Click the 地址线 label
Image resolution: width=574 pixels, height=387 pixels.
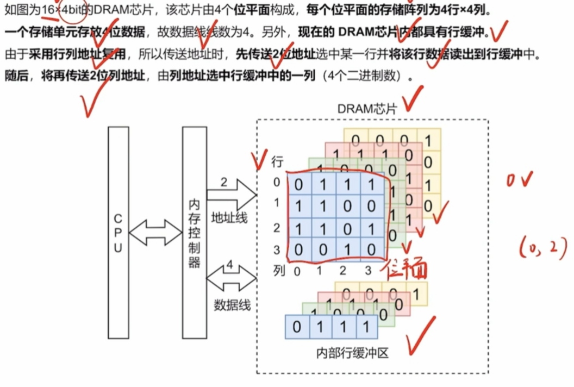tap(229, 218)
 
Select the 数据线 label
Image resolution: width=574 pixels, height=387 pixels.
tap(233, 305)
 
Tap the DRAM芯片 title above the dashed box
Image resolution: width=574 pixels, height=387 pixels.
tap(367, 108)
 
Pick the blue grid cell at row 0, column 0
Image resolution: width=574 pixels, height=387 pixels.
tap(298, 185)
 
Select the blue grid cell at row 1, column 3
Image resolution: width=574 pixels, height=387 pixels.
tap(372, 207)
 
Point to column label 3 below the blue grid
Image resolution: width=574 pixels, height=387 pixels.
tap(369, 270)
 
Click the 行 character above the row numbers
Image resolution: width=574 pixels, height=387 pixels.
tap(277, 161)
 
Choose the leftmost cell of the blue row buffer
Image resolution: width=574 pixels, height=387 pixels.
tap(297, 327)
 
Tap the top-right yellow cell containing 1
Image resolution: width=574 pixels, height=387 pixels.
tap(429, 141)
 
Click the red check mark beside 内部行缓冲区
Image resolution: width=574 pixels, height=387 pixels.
tap(421, 336)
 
